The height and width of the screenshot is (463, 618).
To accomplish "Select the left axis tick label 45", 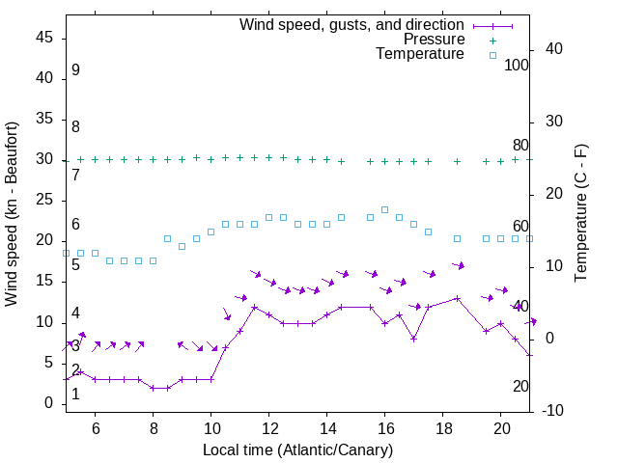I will [x=44, y=39].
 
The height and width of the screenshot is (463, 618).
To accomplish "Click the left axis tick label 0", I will [x=49, y=403].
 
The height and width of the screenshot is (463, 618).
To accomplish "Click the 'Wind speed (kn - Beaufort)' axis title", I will [x=12, y=214].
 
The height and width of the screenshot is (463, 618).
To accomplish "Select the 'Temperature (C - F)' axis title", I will [x=581, y=214].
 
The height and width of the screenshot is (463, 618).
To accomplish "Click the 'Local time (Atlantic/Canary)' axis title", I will [x=297, y=449].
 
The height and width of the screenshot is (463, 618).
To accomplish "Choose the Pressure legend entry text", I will [x=434, y=40].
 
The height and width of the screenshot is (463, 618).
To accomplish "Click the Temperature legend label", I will [x=420, y=54].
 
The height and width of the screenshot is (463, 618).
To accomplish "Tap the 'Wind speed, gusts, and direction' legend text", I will [x=352, y=24].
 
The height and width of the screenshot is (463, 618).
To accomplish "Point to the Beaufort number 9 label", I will [x=75, y=70].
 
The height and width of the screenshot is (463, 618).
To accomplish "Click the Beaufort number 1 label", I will [x=75, y=394].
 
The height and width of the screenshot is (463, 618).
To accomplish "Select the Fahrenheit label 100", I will [x=517, y=66].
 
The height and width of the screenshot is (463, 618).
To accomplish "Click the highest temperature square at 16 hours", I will [x=384, y=209].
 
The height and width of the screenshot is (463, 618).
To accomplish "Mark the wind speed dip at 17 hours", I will [x=413, y=339].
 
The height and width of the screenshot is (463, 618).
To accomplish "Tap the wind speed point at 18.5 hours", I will [x=457, y=298].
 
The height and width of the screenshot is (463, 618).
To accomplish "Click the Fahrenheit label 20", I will [x=520, y=386].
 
